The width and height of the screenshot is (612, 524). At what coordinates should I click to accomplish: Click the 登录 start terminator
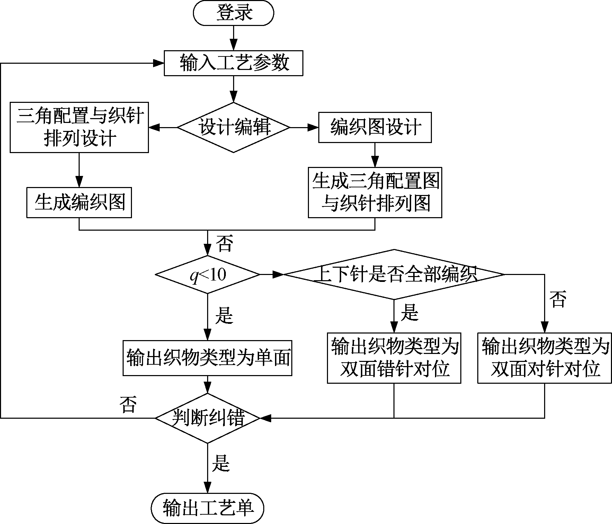coord(234,13)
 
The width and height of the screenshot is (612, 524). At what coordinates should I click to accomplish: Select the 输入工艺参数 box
coord(233,63)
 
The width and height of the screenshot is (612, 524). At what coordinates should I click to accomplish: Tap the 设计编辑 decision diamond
coord(233,127)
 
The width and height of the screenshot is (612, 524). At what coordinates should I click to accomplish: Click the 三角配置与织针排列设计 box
coord(79,127)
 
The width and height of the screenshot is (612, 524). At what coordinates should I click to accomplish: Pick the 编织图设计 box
coord(375,127)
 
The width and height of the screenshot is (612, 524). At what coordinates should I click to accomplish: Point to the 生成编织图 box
coord(79,203)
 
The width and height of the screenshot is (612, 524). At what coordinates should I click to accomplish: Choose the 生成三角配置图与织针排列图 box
coord(375,193)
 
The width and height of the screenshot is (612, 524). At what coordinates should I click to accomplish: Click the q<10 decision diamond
coord(207,275)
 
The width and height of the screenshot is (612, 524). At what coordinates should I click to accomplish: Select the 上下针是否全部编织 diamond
coord(394,275)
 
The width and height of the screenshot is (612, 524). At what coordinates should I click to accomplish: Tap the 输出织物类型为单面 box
coord(207,358)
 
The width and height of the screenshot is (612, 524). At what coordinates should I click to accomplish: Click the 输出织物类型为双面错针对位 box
coord(394,358)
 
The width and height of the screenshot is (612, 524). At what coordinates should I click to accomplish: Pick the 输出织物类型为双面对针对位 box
coord(544,358)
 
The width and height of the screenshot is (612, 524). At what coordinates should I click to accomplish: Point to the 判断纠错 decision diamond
coord(207,418)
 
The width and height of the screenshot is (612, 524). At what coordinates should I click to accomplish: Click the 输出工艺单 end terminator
coord(207,508)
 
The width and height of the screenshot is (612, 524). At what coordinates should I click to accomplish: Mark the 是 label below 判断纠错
coord(221,463)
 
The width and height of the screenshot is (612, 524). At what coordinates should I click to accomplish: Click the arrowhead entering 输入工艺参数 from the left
coord(159,63)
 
